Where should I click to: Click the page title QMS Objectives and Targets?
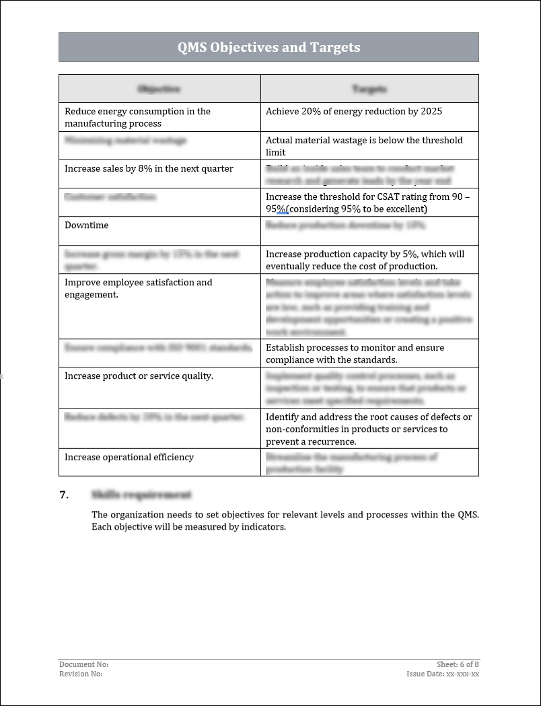268,47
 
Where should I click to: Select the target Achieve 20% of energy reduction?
354,111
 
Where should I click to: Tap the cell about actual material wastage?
364,146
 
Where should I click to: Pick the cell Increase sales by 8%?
149,168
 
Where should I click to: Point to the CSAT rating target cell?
368,203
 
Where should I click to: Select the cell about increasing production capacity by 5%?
365,260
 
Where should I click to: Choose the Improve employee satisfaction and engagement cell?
138,288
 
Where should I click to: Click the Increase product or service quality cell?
139,376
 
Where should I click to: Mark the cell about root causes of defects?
368,429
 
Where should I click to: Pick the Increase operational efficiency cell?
129,457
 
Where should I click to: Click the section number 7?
65,495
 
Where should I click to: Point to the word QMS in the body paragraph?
468,515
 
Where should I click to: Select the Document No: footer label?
83,664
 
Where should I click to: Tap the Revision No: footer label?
81,674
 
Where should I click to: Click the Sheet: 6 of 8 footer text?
458,664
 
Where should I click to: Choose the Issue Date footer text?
443,674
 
